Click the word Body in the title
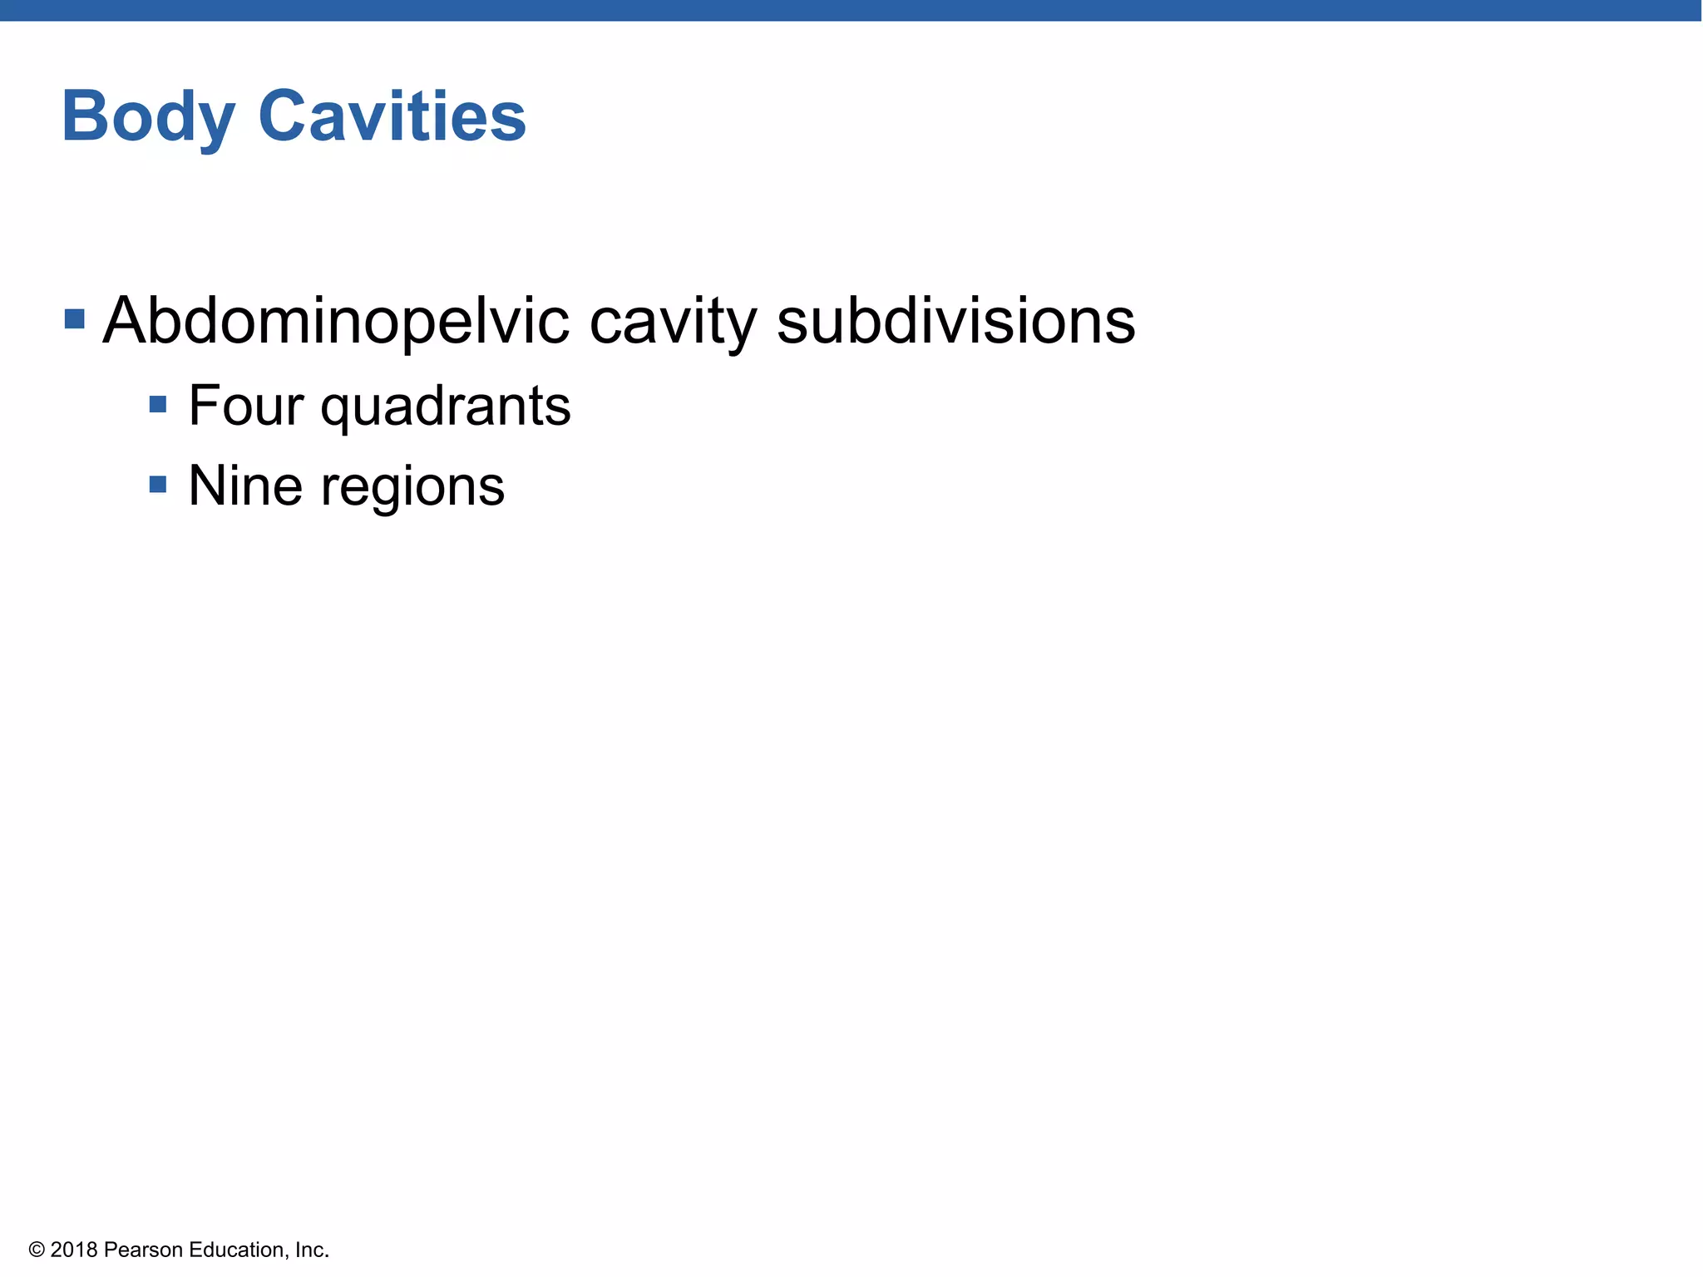147,117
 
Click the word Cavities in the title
392,116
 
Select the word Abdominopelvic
336,322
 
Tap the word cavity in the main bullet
673,322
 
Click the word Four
245,406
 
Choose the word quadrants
446,407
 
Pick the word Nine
245,486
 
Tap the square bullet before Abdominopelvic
75,319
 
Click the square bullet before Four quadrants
158,405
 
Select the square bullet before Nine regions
158,485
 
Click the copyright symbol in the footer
36,1250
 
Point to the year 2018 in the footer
74,1250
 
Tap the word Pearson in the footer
144,1250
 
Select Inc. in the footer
312,1250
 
